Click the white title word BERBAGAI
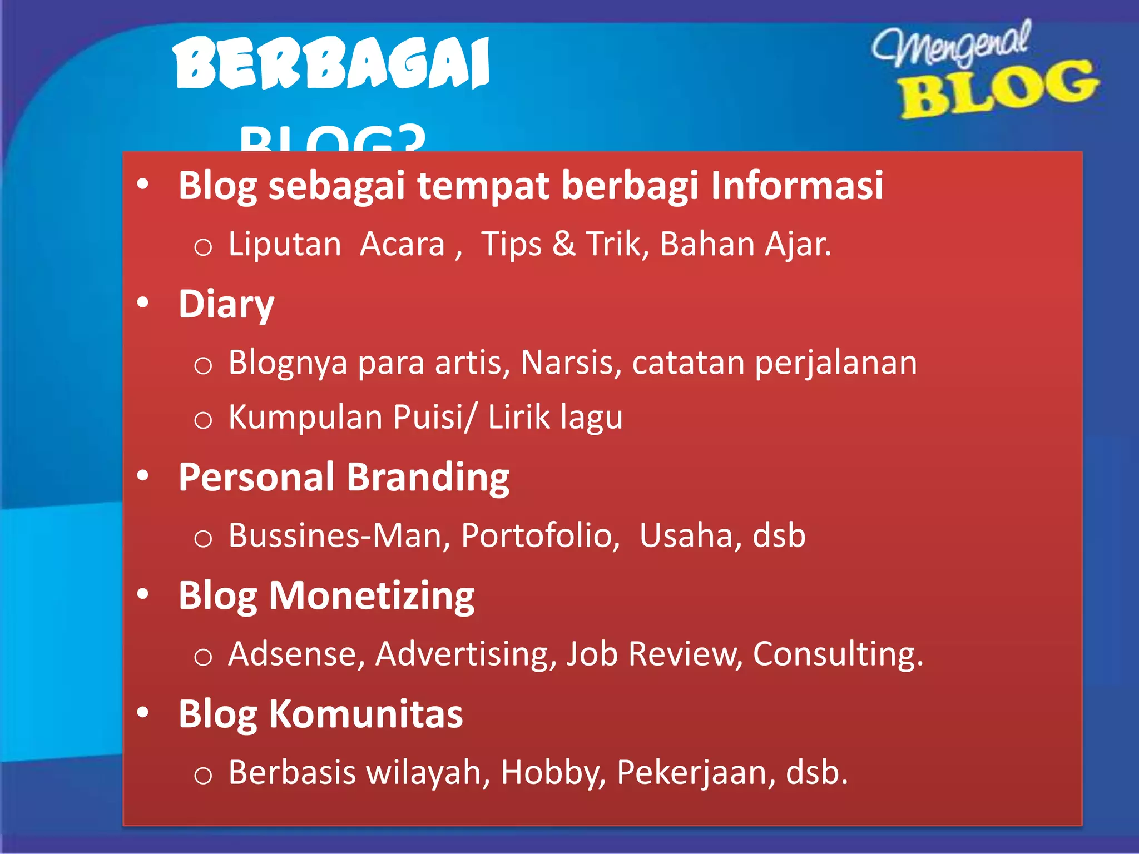[331, 62]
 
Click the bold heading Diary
[226, 304]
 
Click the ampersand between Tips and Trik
[563, 244]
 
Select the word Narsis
[571, 363]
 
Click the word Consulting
[838, 654]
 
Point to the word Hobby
[553, 772]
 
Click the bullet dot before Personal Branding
[143, 476]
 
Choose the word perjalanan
[835, 364]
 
